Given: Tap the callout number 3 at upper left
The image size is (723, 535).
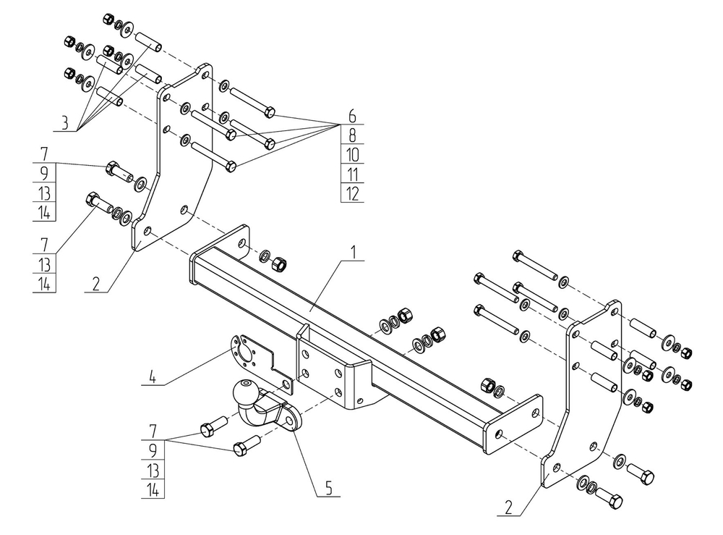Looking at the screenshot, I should (x=64, y=123).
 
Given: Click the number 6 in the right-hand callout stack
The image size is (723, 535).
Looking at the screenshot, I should (x=352, y=115).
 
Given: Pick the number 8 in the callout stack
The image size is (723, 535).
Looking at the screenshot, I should (x=352, y=135).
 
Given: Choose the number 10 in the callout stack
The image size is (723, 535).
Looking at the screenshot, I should (x=352, y=154).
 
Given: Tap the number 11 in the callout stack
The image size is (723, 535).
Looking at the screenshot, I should (x=352, y=174).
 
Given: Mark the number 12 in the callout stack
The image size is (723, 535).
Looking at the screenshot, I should (x=352, y=193).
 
